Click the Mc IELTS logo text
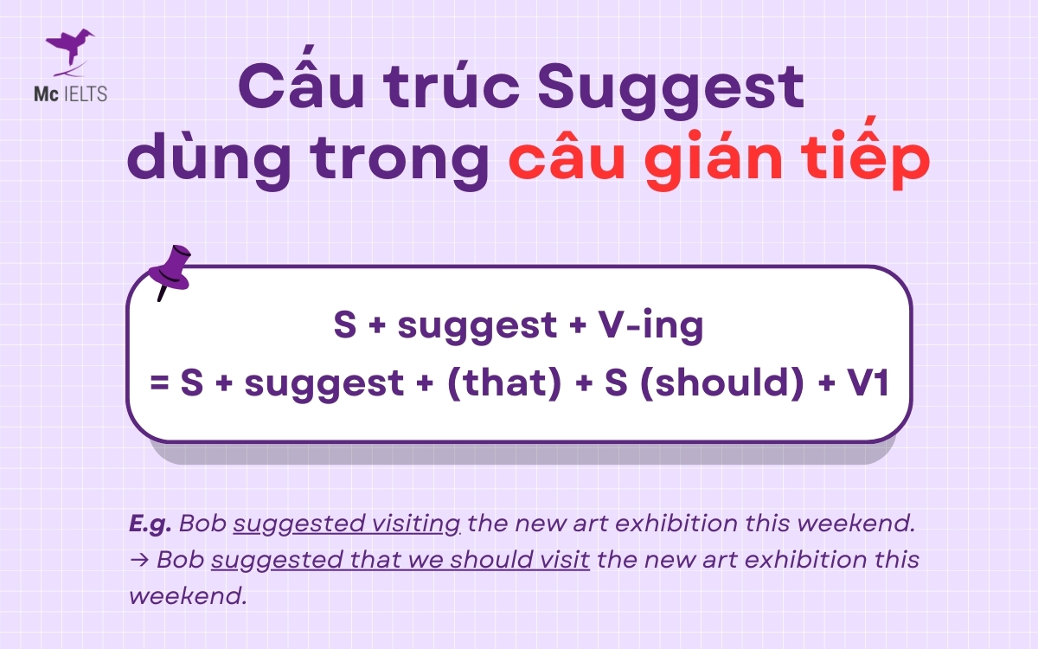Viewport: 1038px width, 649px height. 77,93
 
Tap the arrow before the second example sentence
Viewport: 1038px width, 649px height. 138,560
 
